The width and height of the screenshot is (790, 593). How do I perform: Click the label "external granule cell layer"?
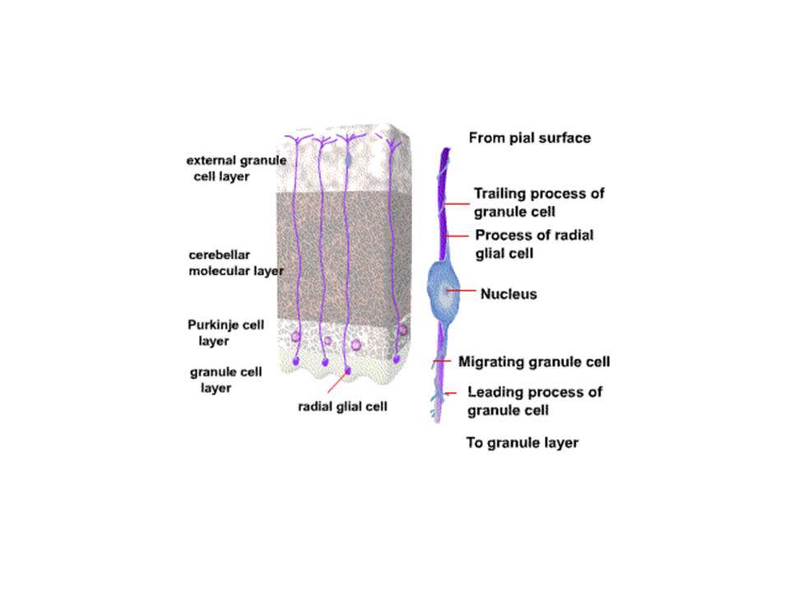pyautogui.click(x=236, y=168)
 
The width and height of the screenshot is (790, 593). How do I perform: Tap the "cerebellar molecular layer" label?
pyautogui.click(x=236, y=263)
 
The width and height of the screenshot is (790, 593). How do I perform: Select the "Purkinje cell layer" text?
pyautogui.click(x=225, y=333)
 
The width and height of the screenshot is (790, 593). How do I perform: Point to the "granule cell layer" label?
pyautogui.click(x=225, y=380)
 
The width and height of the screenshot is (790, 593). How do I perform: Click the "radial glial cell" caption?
pyautogui.click(x=342, y=406)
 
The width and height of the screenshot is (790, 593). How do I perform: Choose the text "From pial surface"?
pyautogui.click(x=529, y=138)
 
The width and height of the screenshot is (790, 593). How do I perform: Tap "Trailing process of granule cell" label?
pyautogui.click(x=538, y=203)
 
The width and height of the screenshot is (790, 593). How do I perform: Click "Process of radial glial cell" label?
pyautogui.click(x=534, y=244)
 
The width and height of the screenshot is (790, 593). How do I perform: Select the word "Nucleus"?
pyautogui.click(x=509, y=294)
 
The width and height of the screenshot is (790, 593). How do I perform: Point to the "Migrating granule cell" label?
pyautogui.click(x=534, y=362)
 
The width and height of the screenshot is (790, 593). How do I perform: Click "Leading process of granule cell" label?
pyautogui.click(x=535, y=401)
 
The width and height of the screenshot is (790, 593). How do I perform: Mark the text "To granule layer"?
pyautogui.click(x=522, y=443)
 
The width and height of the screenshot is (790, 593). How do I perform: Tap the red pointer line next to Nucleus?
pyautogui.click(x=461, y=291)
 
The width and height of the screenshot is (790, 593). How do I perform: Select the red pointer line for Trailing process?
pyautogui.click(x=457, y=204)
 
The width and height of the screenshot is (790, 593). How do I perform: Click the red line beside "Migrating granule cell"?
pyautogui.click(x=443, y=361)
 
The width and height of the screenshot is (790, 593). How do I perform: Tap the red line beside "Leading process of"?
pyautogui.click(x=450, y=393)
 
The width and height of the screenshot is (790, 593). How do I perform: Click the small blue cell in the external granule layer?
pyautogui.click(x=348, y=159)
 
